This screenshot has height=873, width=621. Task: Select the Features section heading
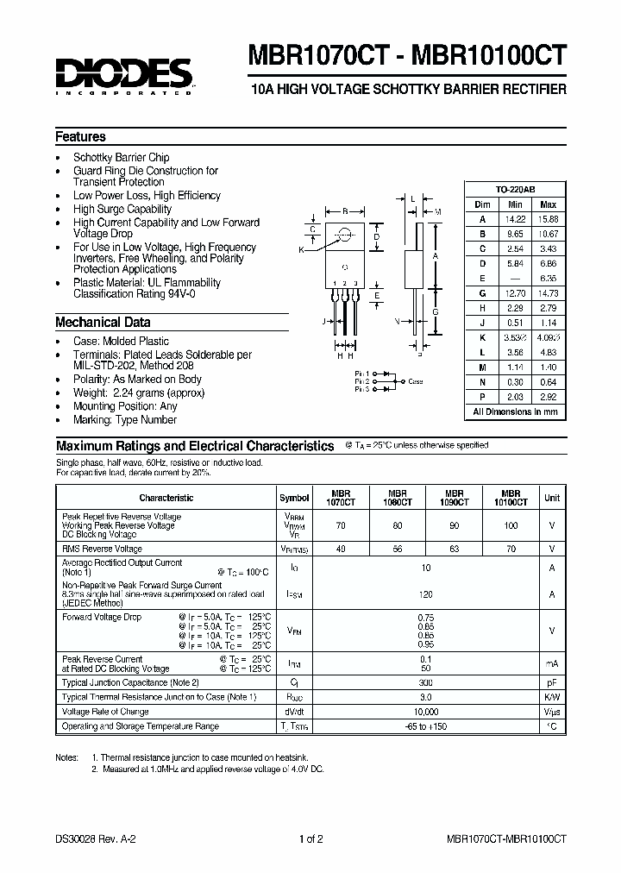(x=80, y=136)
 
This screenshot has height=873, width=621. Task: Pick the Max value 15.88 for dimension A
(x=548, y=219)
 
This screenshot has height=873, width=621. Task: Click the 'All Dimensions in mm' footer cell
(x=516, y=412)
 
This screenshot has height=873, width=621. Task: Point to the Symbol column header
(x=295, y=498)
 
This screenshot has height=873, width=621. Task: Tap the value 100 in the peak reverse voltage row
(x=511, y=524)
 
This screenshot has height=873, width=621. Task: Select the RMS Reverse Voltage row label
(x=103, y=549)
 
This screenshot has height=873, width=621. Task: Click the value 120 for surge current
(x=426, y=594)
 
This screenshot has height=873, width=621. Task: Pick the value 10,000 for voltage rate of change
(x=426, y=712)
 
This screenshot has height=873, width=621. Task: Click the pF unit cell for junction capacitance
(x=551, y=681)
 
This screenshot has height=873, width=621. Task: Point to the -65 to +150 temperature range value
(x=426, y=727)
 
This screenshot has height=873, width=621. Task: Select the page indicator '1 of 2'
(x=310, y=838)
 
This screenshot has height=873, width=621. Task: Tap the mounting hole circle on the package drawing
(x=345, y=234)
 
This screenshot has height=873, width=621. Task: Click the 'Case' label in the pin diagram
(x=416, y=380)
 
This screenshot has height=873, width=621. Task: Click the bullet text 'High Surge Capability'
(x=122, y=209)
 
